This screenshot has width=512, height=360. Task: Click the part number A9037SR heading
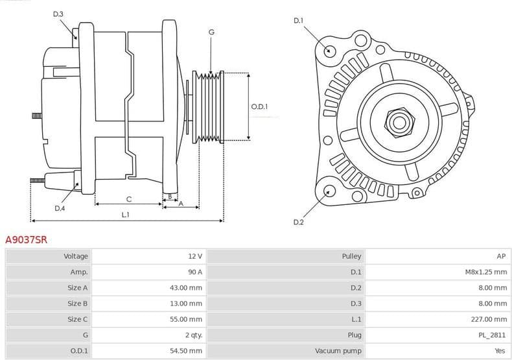click(x=26, y=239)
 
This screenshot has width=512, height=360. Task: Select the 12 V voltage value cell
click(x=195, y=256)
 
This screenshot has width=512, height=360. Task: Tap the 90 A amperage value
click(x=195, y=272)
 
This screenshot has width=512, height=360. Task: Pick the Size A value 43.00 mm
click(x=188, y=287)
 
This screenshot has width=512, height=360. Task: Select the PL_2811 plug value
click(x=494, y=335)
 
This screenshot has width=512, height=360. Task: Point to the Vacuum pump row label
click(x=338, y=350)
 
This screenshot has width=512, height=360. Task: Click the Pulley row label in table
click(x=351, y=256)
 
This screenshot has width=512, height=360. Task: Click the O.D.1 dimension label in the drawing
click(x=259, y=106)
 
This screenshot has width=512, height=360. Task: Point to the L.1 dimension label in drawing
click(x=125, y=214)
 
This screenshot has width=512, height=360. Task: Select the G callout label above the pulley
click(x=211, y=32)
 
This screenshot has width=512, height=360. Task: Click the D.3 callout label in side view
click(x=58, y=14)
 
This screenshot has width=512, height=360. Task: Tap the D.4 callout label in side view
click(x=60, y=208)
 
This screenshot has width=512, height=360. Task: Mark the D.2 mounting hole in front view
click(x=329, y=190)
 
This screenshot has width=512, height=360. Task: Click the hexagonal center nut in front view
click(x=397, y=121)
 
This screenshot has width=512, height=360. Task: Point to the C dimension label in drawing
click(x=128, y=198)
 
